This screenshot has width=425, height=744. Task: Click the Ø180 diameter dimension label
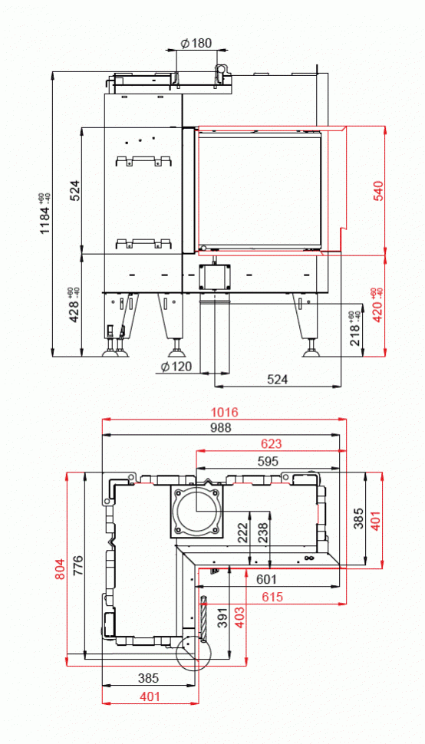pos(196,44)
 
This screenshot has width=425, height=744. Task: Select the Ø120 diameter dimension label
pos(176,367)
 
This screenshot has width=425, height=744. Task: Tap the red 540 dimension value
pos(378,190)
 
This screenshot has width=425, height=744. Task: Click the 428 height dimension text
pos(74,305)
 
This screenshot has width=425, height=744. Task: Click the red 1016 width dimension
pos(222,413)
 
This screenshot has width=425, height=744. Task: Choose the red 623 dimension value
pos(270,444)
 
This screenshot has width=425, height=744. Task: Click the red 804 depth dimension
pos(60,568)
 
